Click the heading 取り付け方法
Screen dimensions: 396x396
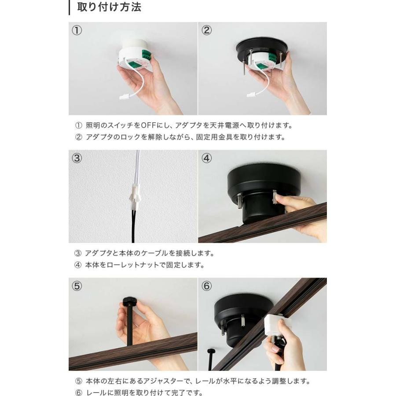click(109, 7)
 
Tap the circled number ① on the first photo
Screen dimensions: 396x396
click(77, 30)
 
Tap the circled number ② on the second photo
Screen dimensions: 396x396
click(206, 30)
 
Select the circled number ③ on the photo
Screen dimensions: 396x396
click(77, 158)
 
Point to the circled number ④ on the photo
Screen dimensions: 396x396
click(206, 158)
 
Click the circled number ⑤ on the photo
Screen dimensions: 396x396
click(77, 286)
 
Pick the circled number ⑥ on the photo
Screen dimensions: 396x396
click(206, 286)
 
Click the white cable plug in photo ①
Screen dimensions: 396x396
click(124, 96)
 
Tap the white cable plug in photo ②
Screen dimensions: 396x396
click(252, 95)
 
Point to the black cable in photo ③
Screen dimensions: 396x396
click(133, 226)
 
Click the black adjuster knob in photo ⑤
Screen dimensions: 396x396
click(130, 301)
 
